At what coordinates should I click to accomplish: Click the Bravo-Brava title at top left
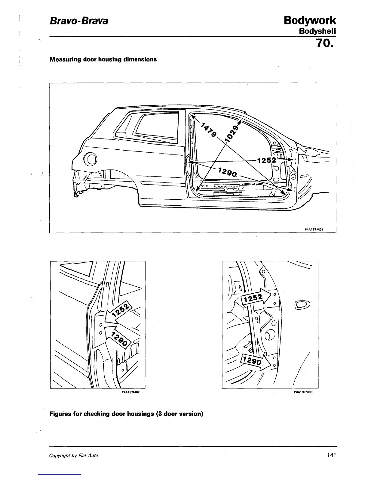coord(78,21)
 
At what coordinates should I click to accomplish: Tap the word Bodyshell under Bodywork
coord(317,31)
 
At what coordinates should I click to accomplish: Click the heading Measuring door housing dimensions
coord(103,59)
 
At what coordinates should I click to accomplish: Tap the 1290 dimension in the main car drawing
coord(228,173)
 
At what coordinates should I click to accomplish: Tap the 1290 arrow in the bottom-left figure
coord(117,336)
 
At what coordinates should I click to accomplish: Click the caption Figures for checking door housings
coord(126,414)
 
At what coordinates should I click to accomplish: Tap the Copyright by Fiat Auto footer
coord(73,456)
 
